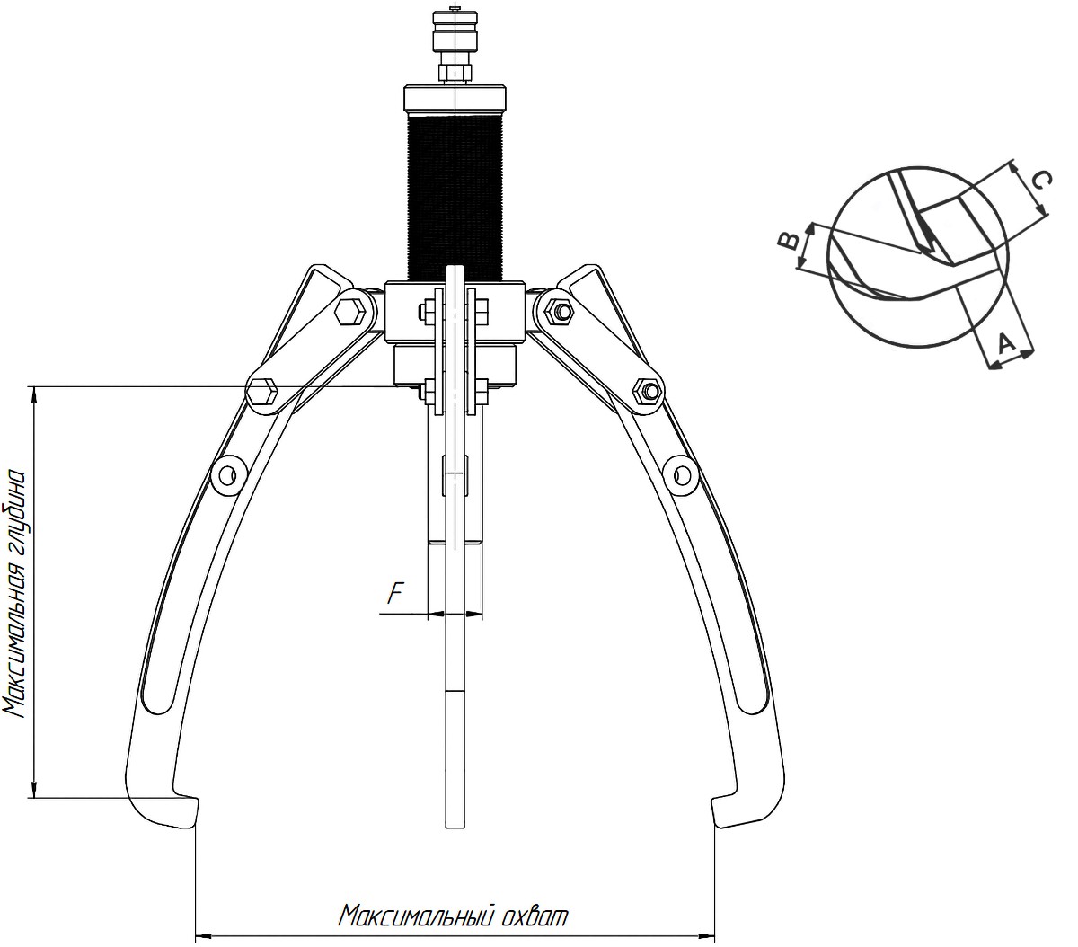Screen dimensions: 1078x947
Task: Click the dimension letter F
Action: pos(394,594)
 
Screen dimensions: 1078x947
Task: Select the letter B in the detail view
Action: pos(789,241)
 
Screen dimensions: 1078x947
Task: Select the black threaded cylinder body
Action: pos(455,197)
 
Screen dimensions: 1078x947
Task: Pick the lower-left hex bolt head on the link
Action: pos(261,393)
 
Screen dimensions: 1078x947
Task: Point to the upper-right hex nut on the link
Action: pos(561,310)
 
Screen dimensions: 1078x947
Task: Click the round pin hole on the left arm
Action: pos(227,475)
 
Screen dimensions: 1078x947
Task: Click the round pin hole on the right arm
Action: pos(682,473)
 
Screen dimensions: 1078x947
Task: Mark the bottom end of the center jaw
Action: pos(455,828)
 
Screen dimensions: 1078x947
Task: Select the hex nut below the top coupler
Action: pos(455,72)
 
